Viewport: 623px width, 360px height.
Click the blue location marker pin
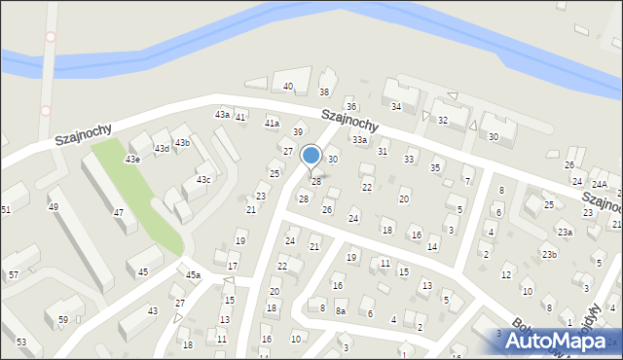(311, 156)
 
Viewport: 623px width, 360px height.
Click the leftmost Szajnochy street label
(84, 133)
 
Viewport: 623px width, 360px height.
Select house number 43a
(222, 115)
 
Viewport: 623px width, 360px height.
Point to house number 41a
(273, 124)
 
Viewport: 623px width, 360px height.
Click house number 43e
(131, 159)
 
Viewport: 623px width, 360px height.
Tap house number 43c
(203, 180)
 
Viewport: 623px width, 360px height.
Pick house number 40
(288, 87)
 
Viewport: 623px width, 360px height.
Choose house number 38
(324, 92)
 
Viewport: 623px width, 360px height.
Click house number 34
(395, 106)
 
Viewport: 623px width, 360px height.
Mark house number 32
(443, 120)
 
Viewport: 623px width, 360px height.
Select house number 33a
(360, 140)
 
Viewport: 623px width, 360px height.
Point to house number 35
(435, 167)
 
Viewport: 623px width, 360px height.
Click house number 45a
(193, 275)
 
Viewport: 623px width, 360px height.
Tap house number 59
(62, 319)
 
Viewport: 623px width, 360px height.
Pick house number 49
(54, 206)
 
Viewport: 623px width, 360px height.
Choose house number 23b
(550, 254)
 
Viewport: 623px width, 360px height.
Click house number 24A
(600, 184)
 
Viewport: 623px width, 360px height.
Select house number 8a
(341, 311)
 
